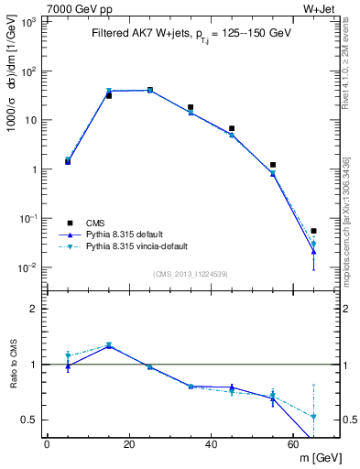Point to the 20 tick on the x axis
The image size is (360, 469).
[129, 444]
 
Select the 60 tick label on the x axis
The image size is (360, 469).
[294, 444]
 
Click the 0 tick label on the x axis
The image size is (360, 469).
[47, 444]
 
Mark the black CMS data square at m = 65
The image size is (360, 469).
[314, 231]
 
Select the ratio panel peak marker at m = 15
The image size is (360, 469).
[109, 345]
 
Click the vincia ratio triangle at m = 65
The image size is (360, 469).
[314, 416]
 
